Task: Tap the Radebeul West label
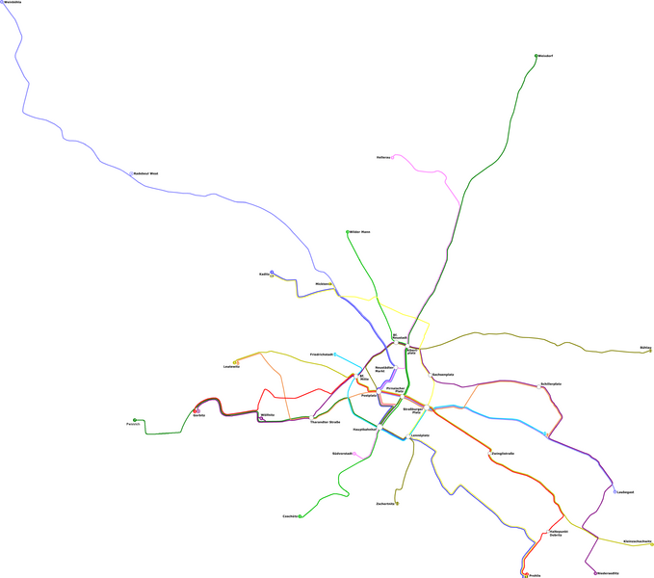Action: pyautogui.click(x=145, y=174)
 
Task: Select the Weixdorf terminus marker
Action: pyautogui.click(x=536, y=56)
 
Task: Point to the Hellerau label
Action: pyautogui.click(x=383, y=157)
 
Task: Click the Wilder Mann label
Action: pyautogui.click(x=359, y=232)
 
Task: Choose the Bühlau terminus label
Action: pyautogui.click(x=644, y=347)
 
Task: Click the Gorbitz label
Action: pyautogui.click(x=198, y=415)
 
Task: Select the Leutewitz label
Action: pyautogui.click(x=230, y=367)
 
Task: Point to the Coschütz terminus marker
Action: pyautogui.click(x=301, y=516)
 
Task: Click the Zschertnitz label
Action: pyautogui.click(x=385, y=504)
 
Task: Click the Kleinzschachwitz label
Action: pyautogui.click(x=637, y=541)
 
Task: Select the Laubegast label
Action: pyautogui.click(x=625, y=492)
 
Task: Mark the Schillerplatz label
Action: pyautogui.click(x=550, y=384)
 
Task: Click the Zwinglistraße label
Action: pyautogui.click(x=503, y=453)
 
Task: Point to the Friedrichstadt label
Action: pyautogui.click(x=322, y=355)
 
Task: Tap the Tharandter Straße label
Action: pyautogui.click(x=325, y=422)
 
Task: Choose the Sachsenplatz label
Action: pyautogui.click(x=442, y=374)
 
